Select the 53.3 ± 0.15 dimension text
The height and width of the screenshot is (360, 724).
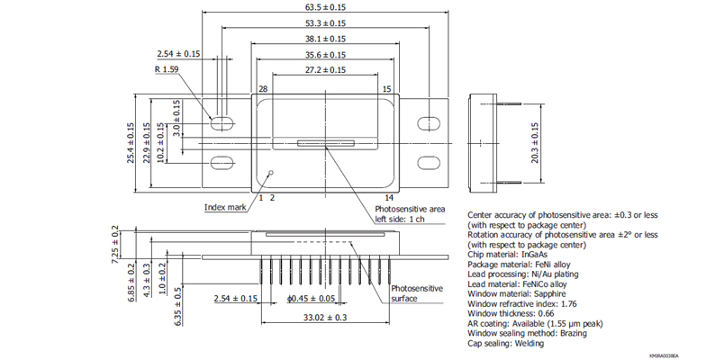coord(325,23)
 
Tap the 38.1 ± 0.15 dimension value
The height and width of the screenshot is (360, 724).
coord(325,39)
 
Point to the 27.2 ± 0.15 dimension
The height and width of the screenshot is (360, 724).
coord(325,69)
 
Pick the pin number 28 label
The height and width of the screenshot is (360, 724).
coord(263,89)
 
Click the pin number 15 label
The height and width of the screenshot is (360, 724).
coord(386,89)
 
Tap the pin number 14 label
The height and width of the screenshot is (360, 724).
coord(389,196)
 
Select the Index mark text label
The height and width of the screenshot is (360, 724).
coord(225,207)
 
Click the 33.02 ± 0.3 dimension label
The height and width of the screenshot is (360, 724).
coord(324,317)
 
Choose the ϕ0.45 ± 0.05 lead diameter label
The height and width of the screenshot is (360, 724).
coord(311,298)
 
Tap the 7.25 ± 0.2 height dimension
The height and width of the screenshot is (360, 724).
coord(114,243)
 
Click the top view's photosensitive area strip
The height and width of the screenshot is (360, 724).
coord(325,142)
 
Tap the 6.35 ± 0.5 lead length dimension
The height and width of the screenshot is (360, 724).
coord(178,303)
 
